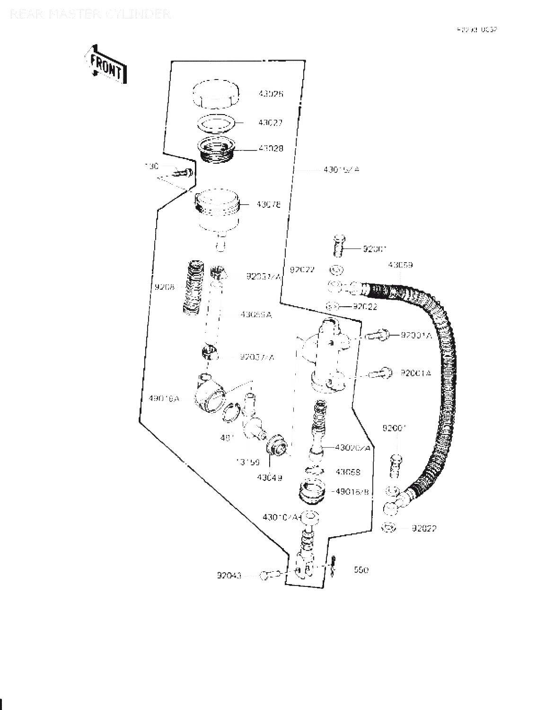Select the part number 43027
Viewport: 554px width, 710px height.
coord(270,123)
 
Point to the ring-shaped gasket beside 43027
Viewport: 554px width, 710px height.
coord(216,123)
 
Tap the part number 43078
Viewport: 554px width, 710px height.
coord(269,205)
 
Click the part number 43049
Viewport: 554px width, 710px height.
coord(270,478)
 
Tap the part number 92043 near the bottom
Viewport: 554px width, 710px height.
coord(229,576)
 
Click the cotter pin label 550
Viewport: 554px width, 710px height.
coord(361,570)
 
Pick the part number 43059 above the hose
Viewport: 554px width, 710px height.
coord(400,265)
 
